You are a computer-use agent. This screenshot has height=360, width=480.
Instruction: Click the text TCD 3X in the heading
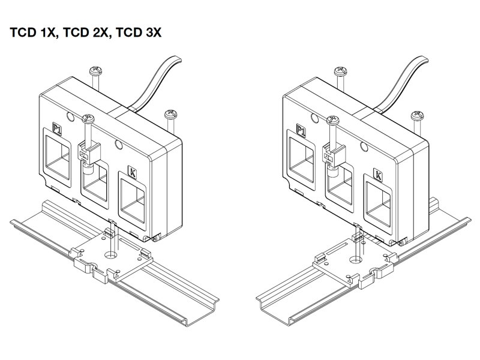click(x=139, y=32)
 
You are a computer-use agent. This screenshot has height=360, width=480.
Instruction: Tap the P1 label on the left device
click(x=57, y=129)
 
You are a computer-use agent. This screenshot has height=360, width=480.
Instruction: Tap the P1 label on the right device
click(x=301, y=130)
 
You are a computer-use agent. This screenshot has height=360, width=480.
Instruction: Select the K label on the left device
click(x=132, y=172)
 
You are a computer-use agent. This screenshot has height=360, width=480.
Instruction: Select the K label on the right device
click(x=378, y=175)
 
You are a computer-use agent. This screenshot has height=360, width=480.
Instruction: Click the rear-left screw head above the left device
click(x=95, y=71)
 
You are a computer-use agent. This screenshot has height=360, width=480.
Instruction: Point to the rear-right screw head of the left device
click(x=170, y=115)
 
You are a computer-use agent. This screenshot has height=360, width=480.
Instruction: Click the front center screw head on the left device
click(x=88, y=119)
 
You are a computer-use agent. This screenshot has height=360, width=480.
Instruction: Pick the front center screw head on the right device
click(x=333, y=121)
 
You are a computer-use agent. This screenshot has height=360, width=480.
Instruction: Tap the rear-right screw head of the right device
click(x=417, y=116)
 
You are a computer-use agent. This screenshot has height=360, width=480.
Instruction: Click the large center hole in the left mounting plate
click(x=111, y=254)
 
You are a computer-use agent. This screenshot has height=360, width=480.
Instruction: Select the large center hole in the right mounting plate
click(x=356, y=260)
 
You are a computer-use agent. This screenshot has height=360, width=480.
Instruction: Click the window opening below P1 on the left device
click(x=57, y=157)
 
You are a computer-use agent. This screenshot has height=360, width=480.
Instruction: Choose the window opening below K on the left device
click(x=133, y=201)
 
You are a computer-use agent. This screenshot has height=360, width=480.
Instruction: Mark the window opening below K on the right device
click(x=379, y=205)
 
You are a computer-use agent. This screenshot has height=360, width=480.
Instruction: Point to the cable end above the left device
click(x=176, y=59)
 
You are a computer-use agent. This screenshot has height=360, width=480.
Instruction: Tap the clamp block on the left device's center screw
click(x=89, y=152)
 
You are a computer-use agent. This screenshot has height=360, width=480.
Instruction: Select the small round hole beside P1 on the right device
click(x=314, y=118)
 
